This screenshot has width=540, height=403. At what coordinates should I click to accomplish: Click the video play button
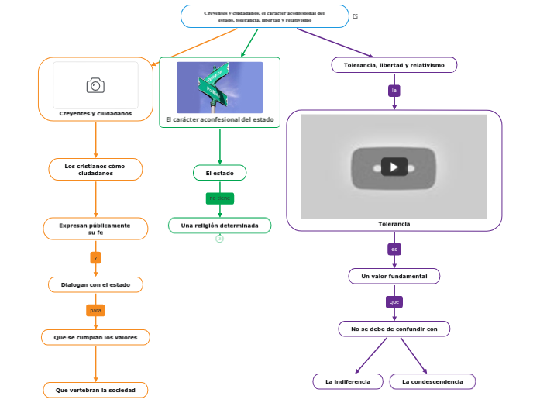point(394,167)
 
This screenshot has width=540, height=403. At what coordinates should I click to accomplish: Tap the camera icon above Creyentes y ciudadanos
point(95,85)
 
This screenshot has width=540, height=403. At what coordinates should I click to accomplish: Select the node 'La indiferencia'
point(348,381)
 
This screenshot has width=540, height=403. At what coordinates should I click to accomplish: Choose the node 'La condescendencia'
point(432,381)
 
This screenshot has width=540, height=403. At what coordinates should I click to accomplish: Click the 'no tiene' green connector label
point(219,198)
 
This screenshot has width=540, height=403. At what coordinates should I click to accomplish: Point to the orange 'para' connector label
point(95,310)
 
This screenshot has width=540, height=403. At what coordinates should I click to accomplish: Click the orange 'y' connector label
point(95,257)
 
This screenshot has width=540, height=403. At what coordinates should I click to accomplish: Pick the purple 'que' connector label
point(394,301)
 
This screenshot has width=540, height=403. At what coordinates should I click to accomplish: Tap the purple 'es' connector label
point(394,250)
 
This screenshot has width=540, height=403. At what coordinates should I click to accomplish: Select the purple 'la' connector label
point(394,91)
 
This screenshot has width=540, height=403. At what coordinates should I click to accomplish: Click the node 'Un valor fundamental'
point(394,276)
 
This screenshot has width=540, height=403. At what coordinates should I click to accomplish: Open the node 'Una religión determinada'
point(220,226)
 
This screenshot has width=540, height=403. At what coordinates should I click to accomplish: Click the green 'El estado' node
point(220,172)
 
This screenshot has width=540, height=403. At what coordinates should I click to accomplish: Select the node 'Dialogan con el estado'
point(95,284)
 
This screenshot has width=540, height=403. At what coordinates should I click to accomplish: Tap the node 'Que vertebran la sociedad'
point(95,389)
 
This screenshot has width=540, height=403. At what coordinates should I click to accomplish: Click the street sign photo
point(219,87)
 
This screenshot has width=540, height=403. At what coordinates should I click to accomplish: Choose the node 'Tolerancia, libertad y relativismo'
point(394,65)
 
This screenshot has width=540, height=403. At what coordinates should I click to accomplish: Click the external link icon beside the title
point(355,16)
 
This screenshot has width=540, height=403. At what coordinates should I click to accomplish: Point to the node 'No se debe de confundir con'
point(394,329)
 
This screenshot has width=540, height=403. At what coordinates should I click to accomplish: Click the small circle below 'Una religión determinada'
point(220,239)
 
